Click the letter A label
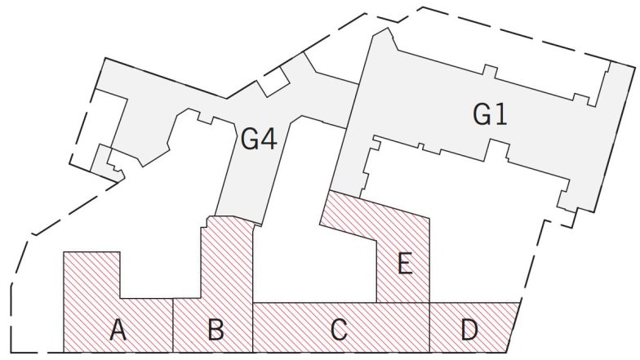118,330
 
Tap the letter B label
216,330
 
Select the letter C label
340,330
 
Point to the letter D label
469,330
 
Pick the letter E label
405,263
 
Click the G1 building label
490,114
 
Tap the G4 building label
259,139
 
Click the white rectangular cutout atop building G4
273,82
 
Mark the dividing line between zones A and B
173,325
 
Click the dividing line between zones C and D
429,327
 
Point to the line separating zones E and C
403,303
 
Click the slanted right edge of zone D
514,327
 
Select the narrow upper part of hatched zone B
227,257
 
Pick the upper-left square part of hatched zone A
91,275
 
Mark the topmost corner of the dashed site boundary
423,7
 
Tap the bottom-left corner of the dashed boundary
11,353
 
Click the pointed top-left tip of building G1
388,28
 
